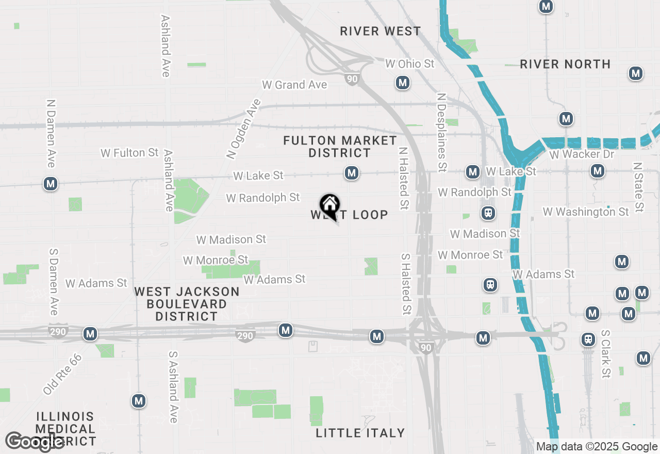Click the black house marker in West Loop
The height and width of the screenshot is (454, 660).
(x=329, y=205)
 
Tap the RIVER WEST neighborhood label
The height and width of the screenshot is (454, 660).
(x=381, y=31)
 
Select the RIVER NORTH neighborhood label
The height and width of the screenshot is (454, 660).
(x=565, y=64)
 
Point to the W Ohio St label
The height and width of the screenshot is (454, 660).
(x=410, y=64)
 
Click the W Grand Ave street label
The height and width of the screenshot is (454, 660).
(x=294, y=85)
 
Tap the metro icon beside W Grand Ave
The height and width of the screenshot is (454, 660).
(x=403, y=83)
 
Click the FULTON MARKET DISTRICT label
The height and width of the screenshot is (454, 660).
(x=340, y=147)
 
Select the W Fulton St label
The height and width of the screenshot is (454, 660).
(x=129, y=153)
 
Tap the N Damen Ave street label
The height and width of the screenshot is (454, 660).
(x=51, y=134)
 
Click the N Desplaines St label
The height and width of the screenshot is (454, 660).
(x=441, y=132)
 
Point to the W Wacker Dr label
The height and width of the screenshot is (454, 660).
(x=582, y=154)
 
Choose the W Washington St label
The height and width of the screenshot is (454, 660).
(x=586, y=212)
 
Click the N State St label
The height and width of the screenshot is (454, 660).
(x=638, y=187)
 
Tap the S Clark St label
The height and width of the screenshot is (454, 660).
(x=605, y=354)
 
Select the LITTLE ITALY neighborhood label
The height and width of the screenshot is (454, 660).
(x=360, y=433)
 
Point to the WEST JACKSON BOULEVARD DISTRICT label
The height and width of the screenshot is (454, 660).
(x=187, y=304)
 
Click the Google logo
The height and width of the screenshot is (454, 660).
(x=34, y=442)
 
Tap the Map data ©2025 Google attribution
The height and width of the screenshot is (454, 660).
(x=597, y=447)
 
